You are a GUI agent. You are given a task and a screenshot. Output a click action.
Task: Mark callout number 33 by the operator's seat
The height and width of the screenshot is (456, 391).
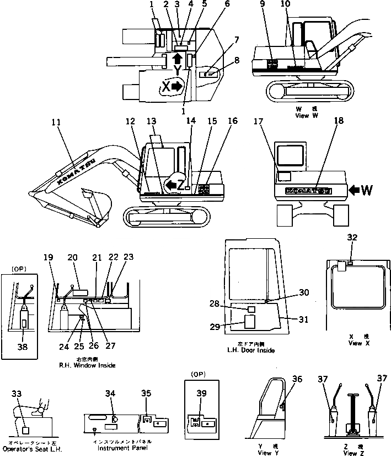[x=17, y=394]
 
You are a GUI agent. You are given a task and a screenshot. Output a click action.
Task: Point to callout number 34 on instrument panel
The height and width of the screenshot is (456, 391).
[x=111, y=393]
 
